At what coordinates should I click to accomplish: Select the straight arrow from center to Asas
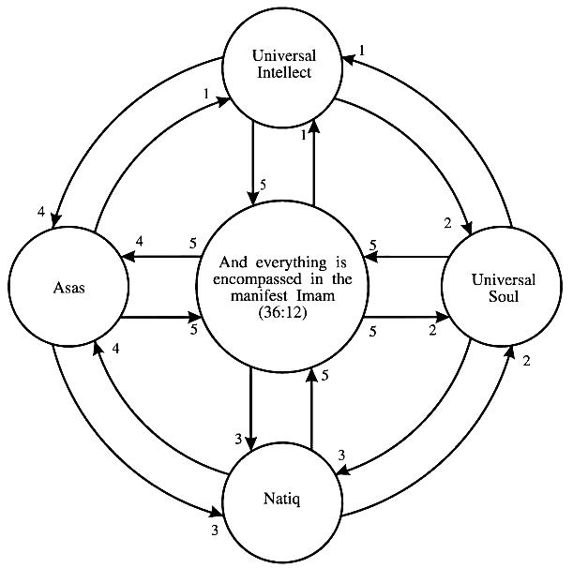click(159, 257)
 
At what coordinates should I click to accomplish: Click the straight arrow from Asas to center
click(159, 317)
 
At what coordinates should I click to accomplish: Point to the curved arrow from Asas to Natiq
click(103, 450)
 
